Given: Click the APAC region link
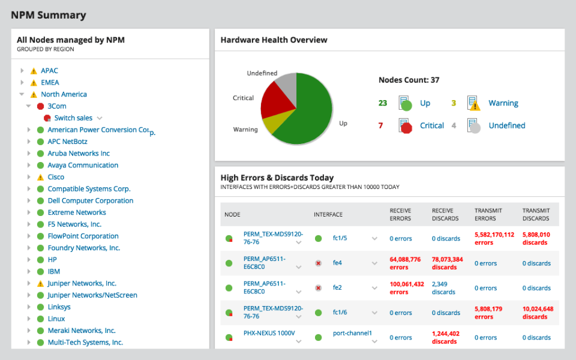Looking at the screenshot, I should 49,71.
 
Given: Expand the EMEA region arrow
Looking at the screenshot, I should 22,83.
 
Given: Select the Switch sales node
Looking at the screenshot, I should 73,118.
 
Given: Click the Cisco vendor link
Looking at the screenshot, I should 56,177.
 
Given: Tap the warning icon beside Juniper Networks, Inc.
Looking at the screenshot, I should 40,284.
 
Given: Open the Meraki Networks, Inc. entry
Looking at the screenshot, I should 82,331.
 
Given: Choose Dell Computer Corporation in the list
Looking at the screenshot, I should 90,201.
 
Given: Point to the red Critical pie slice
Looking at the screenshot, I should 276,99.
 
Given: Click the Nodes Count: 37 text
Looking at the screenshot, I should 409,80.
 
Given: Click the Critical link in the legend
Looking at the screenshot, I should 432,125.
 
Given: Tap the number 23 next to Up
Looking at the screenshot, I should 383,103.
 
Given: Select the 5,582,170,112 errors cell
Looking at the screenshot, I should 494,238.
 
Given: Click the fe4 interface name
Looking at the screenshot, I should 337,263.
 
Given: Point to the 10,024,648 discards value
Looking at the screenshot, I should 538,313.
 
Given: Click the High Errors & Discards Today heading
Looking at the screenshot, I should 277,178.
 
